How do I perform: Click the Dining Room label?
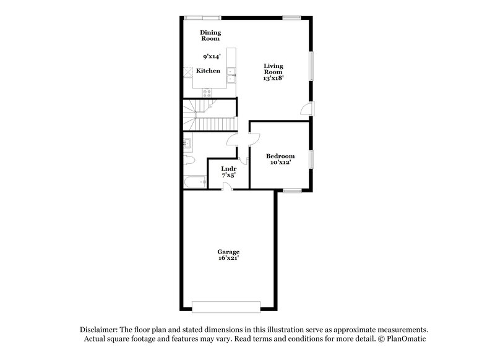[x=210, y=35]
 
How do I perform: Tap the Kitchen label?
[x=208, y=71]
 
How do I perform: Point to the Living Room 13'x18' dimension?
[x=273, y=79]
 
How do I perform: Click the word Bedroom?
[x=280, y=156]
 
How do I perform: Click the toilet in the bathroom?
[x=189, y=161]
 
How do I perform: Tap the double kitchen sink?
[x=232, y=75]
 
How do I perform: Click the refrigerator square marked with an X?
[x=187, y=71]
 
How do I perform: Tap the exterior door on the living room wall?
[x=306, y=109]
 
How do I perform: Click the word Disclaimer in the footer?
[x=100, y=330]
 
